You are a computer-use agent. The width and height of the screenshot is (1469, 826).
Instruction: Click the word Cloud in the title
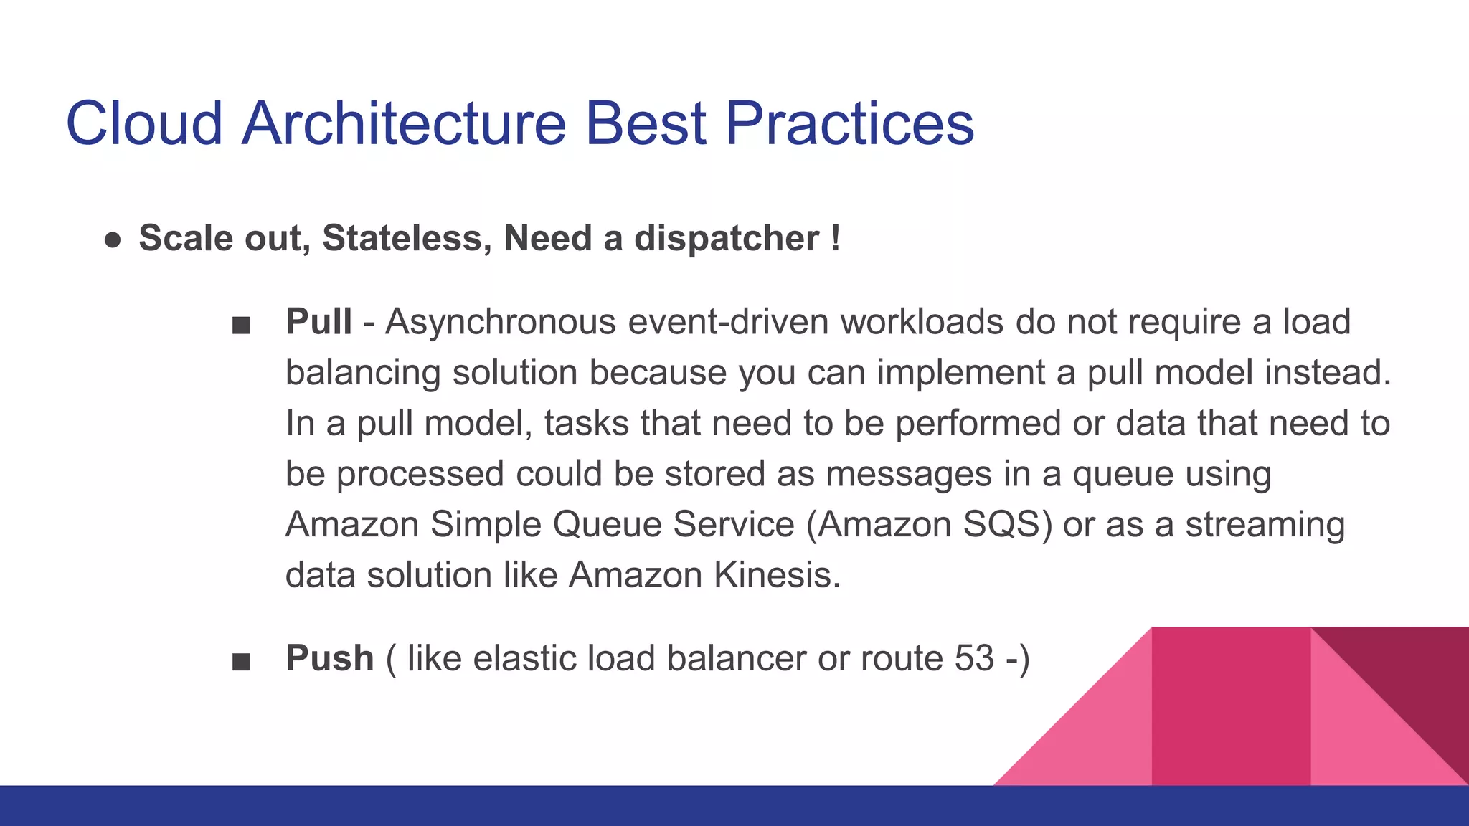click(x=144, y=123)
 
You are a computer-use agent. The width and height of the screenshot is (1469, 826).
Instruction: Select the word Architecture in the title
click(x=404, y=123)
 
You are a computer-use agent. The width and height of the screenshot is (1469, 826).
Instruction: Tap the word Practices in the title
click(x=849, y=123)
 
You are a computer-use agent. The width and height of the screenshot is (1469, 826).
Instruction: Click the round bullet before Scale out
click(x=113, y=239)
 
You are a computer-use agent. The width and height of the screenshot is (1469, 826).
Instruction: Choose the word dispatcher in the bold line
click(x=727, y=238)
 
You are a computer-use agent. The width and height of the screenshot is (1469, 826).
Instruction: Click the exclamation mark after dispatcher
click(x=836, y=238)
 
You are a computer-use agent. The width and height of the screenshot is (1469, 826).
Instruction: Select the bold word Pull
click(x=318, y=321)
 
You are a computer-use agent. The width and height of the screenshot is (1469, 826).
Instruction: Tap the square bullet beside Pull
click(x=241, y=326)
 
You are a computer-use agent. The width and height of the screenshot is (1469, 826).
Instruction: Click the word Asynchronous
click(x=500, y=321)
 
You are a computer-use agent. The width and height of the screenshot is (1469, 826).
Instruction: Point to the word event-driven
click(x=727, y=321)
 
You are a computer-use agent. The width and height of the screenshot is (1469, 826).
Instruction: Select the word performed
click(x=978, y=423)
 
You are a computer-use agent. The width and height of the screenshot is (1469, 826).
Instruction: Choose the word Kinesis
click(x=776, y=575)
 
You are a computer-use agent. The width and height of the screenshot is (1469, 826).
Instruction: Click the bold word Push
click(x=329, y=658)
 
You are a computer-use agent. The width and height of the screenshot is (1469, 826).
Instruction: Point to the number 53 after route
click(x=974, y=658)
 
